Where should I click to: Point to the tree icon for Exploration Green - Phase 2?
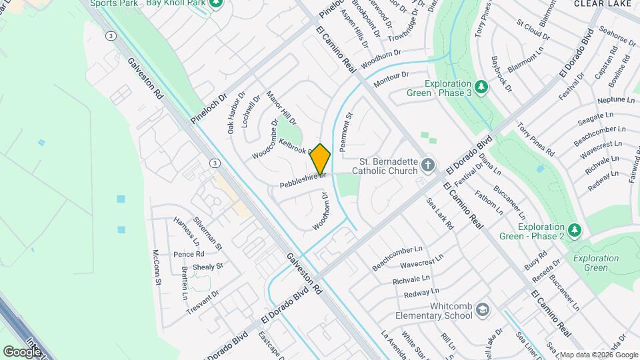click(575, 230)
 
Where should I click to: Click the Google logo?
click(21, 351)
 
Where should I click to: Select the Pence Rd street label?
click(189, 255)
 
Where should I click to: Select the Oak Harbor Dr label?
click(237, 113)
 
